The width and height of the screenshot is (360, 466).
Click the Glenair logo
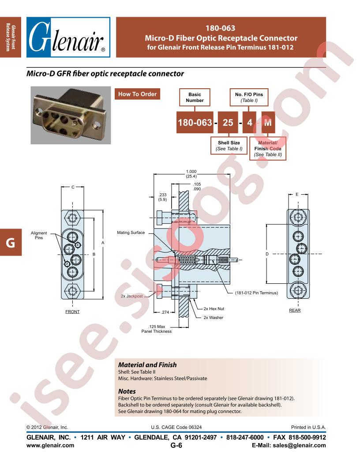[x=68, y=37]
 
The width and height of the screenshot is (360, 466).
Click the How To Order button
[x=137, y=94]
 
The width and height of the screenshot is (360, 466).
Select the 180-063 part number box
[x=195, y=122]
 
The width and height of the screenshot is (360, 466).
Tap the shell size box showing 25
[x=228, y=122]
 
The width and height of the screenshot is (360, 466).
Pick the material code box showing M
[x=268, y=122]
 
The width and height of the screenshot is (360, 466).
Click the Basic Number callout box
[x=195, y=97]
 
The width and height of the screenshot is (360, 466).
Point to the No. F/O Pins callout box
[x=249, y=97]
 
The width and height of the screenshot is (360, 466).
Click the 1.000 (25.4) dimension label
[x=191, y=174]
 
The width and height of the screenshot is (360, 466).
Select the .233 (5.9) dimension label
[x=162, y=197]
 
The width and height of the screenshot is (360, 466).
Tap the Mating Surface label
[x=131, y=233]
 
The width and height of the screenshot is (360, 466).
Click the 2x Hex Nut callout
[x=214, y=309]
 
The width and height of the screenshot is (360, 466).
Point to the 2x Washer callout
[x=213, y=318]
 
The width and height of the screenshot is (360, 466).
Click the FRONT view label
[x=72, y=312]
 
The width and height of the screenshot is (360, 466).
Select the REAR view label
[x=295, y=310]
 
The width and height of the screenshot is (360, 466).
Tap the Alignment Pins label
[x=39, y=235]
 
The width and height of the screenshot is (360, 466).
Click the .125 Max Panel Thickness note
[x=157, y=329]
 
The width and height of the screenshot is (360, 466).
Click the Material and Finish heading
[x=147, y=365]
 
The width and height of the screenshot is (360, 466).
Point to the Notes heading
[x=127, y=391]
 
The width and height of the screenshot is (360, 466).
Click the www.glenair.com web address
[x=50, y=445]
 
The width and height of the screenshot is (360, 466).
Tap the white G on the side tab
[x=11, y=243]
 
